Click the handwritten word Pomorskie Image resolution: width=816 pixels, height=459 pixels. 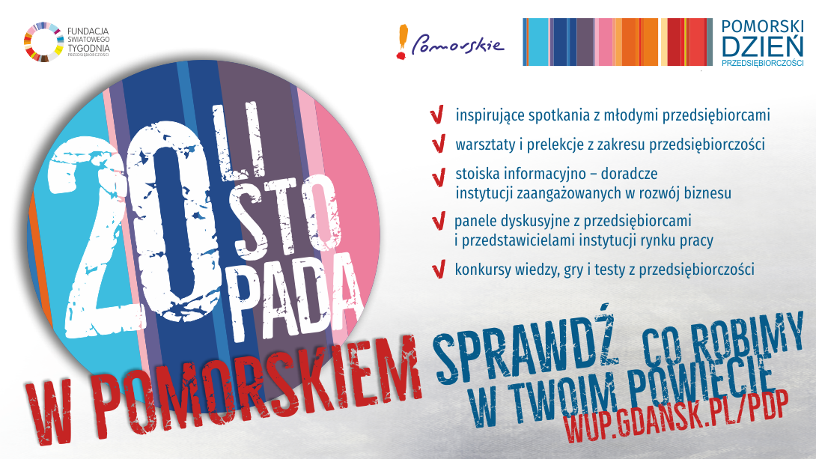pyautogui.click(x=458, y=46)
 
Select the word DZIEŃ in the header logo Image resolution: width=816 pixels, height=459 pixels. pyautogui.click(x=762, y=46)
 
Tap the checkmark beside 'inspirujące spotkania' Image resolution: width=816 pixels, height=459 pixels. pyautogui.click(x=437, y=115)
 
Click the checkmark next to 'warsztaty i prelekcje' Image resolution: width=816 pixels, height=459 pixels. pyautogui.click(x=439, y=144)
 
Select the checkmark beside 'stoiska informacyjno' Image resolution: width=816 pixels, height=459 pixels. pyautogui.click(x=439, y=177)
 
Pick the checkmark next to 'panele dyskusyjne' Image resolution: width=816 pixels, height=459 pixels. pyautogui.click(x=439, y=221)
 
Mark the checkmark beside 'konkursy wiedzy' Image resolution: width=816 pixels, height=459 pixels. pyautogui.click(x=439, y=270)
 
